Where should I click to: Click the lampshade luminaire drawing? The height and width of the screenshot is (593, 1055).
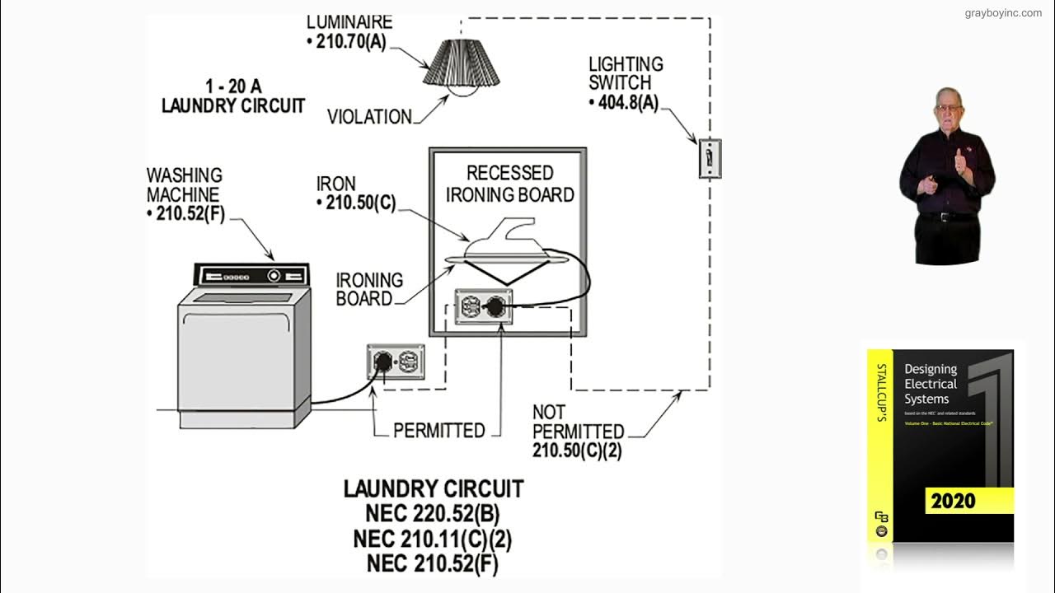tap(462, 64)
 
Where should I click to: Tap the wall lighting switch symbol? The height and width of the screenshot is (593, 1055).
tap(710, 158)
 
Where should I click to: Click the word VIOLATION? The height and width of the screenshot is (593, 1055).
tap(369, 117)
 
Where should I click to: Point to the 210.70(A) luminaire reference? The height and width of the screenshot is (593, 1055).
tap(351, 42)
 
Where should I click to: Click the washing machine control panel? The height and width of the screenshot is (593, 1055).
tap(251, 275)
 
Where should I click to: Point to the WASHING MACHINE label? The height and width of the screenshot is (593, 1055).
tap(184, 185)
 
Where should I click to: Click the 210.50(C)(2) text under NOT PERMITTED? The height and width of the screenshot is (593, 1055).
tap(577, 451)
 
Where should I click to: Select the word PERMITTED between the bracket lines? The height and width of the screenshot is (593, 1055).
tap(438, 431)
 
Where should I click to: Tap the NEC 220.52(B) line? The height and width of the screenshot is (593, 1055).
tap(433, 514)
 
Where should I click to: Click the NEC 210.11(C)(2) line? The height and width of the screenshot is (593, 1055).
tap(433, 539)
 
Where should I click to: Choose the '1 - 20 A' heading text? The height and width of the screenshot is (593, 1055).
tap(233, 86)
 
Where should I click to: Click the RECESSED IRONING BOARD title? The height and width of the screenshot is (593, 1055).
tap(509, 184)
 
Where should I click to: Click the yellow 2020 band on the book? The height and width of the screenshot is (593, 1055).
tap(968, 500)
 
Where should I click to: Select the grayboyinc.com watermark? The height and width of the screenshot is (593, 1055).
tap(1003, 13)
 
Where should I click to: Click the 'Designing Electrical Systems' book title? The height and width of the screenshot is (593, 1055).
tap(931, 384)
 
